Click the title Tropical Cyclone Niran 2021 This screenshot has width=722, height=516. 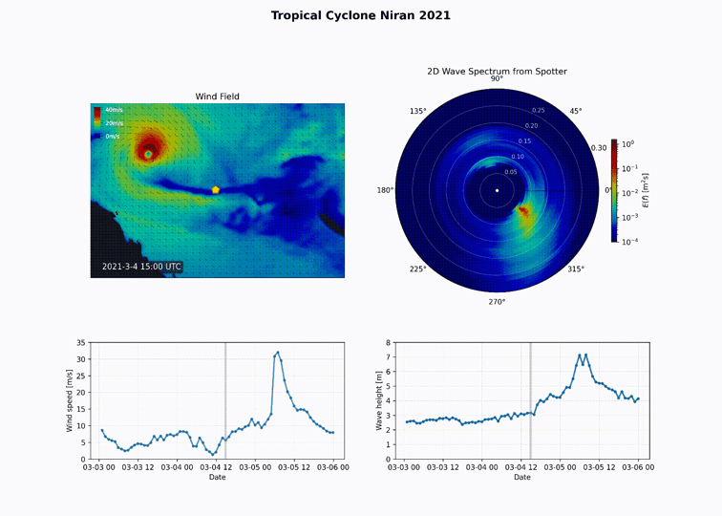tap(360, 15)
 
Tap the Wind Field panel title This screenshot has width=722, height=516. tap(217, 97)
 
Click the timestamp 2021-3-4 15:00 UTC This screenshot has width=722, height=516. tap(141, 268)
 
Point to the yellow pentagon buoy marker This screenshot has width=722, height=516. tap(216, 190)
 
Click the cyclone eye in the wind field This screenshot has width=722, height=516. tap(148, 154)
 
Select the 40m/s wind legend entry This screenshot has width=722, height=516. tap(113, 111)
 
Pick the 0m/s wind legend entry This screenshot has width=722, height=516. tap(112, 137)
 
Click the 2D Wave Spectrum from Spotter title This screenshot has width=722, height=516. tap(497, 72)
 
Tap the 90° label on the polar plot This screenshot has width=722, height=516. tap(497, 79)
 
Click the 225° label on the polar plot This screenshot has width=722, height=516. tap(417, 269)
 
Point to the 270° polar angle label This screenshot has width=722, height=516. tap(497, 302)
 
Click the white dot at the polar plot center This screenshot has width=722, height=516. tap(497, 190)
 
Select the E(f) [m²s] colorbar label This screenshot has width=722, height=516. tap(646, 190)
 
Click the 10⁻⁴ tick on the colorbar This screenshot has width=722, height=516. tap(629, 242)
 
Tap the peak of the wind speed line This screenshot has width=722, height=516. tap(277, 352)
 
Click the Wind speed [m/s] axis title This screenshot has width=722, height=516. tap(70, 400)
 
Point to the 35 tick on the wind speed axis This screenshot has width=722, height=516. tap(81, 342)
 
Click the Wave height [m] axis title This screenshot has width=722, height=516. tap(379, 400)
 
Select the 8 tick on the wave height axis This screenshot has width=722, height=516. tap(390, 342)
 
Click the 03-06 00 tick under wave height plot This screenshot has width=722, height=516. tap(639, 467)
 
